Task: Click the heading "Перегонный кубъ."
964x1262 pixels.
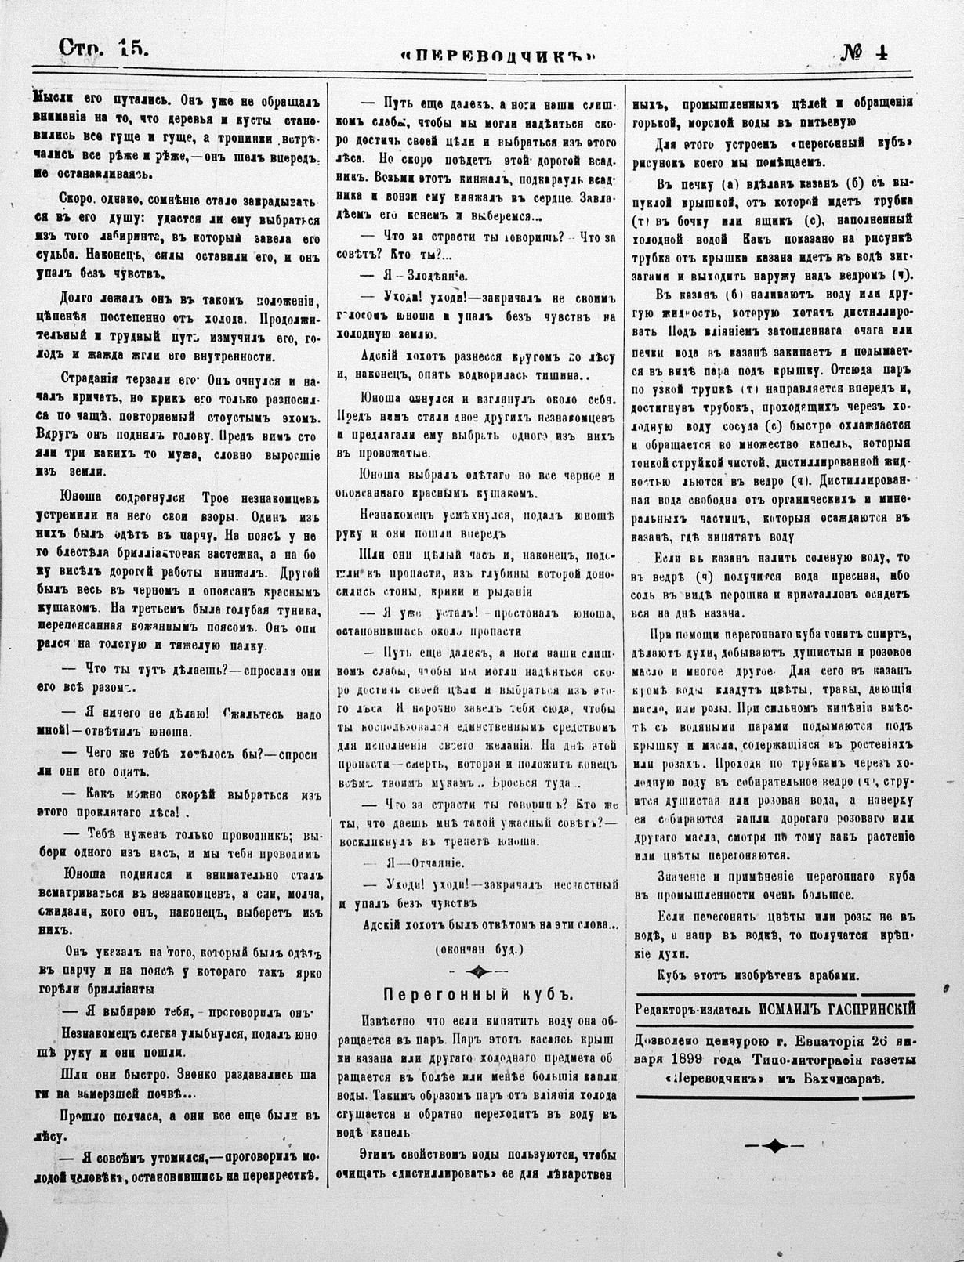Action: click(478, 994)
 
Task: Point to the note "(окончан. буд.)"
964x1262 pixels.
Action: click(478, 949)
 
